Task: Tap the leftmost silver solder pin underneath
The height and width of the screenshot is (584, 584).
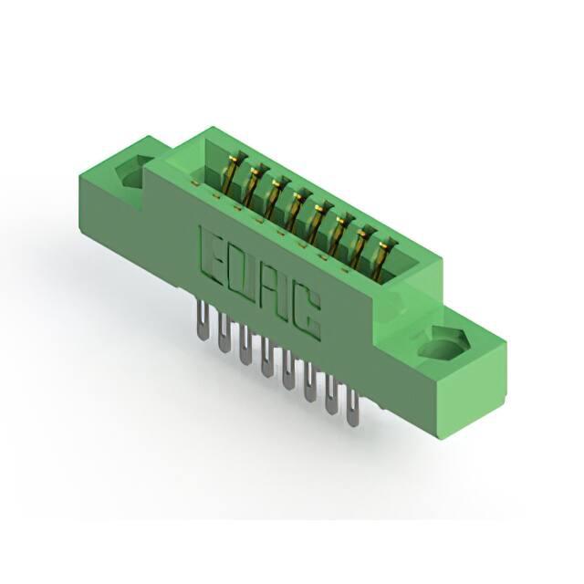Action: click(201, 321)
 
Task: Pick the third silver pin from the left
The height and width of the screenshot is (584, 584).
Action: click(245, 345)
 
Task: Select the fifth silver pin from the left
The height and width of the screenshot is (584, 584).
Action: click(287, 370)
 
